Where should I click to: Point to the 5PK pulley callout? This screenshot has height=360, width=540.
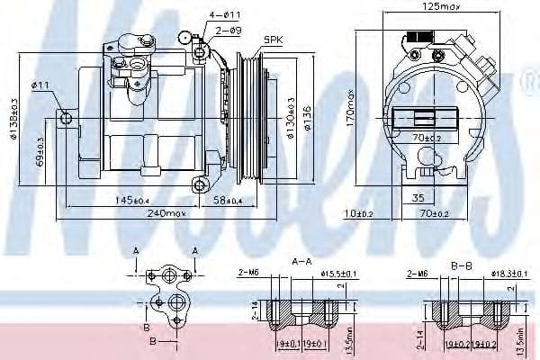(273, 40)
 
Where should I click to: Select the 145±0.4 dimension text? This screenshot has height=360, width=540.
(136, 199)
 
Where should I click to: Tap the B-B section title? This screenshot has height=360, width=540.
(460, 266)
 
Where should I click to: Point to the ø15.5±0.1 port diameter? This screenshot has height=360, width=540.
(337, 273)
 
